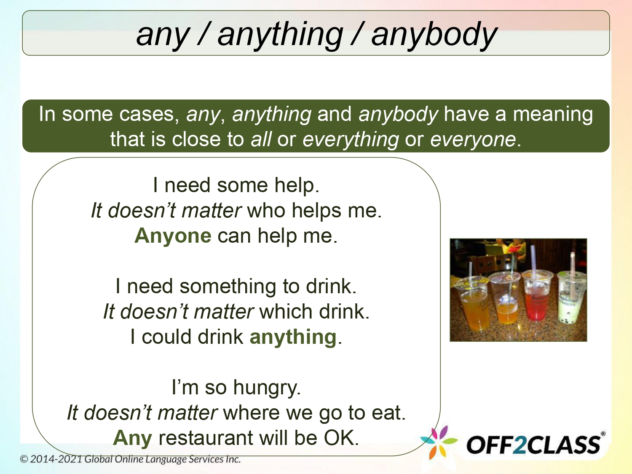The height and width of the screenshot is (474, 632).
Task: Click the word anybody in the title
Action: point(434,35)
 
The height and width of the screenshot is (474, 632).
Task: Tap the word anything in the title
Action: point(280,35)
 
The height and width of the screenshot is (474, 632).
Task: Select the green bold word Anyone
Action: point(173,236)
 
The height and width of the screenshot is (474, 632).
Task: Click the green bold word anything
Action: point(293,337)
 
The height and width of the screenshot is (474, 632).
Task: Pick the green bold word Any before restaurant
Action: point(132,438)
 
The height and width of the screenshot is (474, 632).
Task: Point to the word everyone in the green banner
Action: point(473,139)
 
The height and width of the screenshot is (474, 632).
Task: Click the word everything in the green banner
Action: point(351,139)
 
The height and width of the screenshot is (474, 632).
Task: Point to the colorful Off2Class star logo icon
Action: point(438,442)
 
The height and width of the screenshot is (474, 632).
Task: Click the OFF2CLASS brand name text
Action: point(533,445)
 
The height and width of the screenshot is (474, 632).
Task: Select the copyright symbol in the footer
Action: point(24,459)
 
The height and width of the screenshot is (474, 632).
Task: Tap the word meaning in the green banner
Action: point(552,114)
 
